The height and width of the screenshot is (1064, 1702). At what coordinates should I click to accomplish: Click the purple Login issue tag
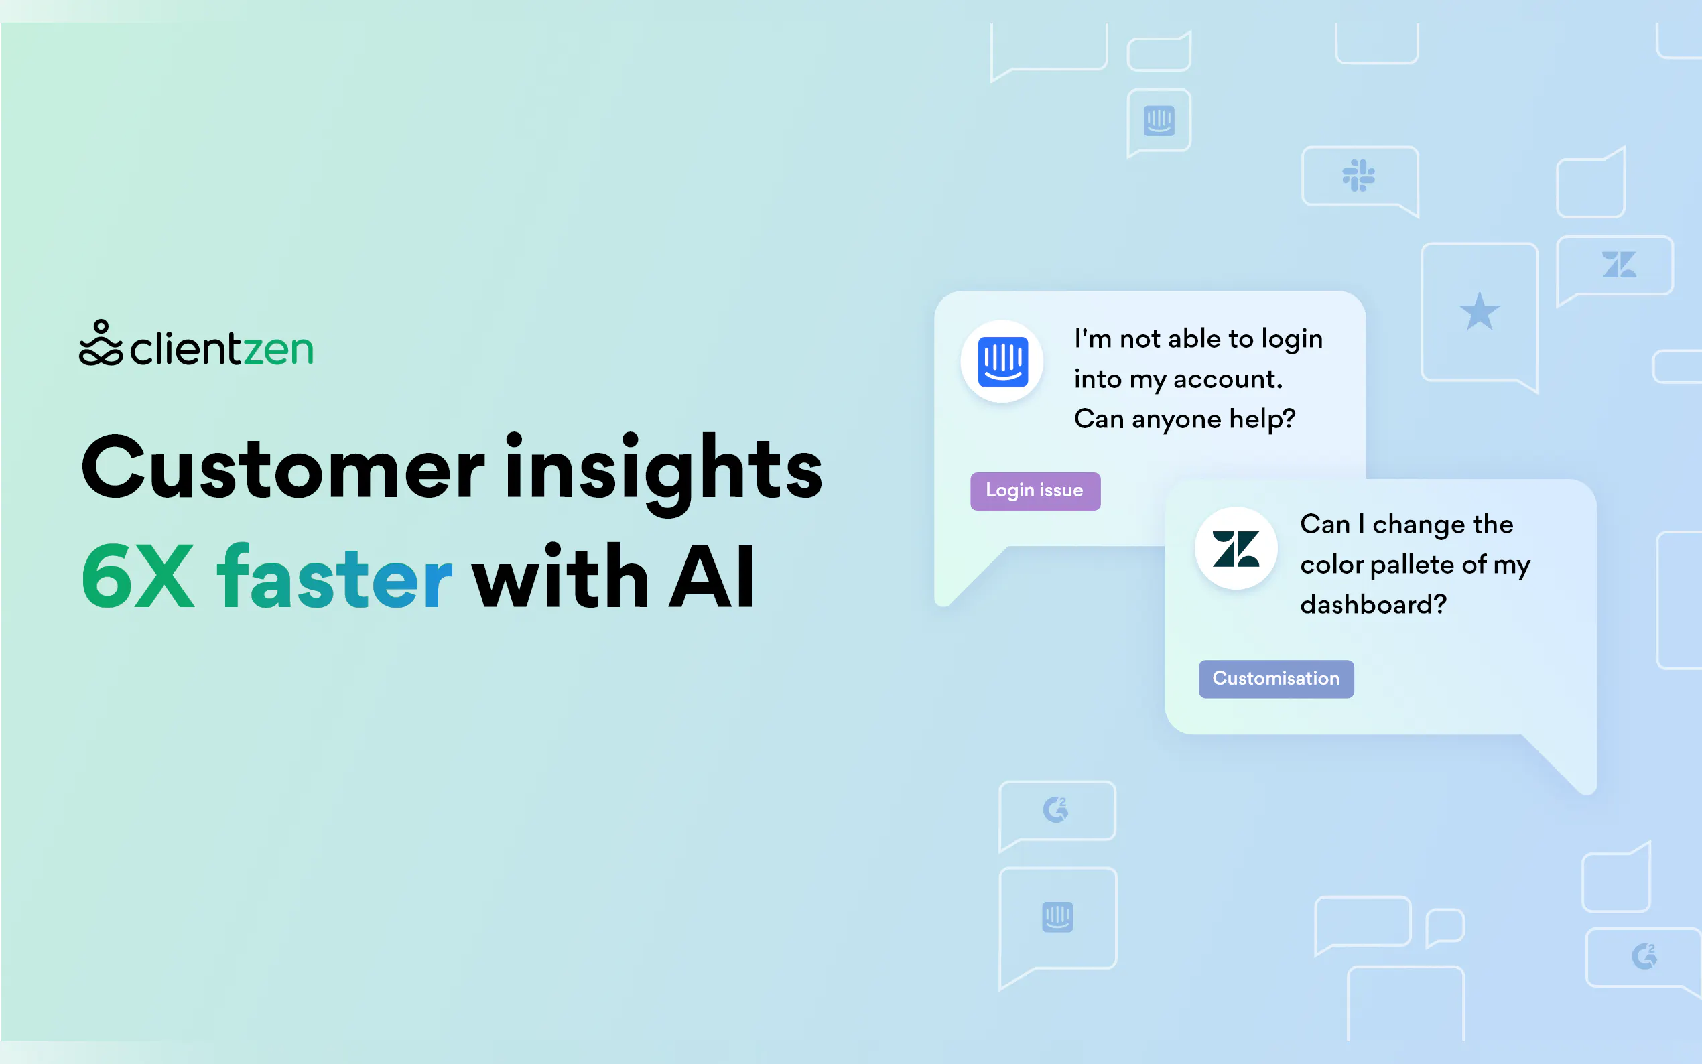(1035, 491)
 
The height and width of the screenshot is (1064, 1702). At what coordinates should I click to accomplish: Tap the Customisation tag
(1276, 679)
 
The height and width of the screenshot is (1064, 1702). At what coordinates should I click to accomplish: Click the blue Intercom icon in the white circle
(1002, 362)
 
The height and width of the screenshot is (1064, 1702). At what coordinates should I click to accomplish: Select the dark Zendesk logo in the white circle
(1236, 549)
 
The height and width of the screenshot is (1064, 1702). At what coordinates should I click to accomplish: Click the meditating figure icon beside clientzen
(101, 344)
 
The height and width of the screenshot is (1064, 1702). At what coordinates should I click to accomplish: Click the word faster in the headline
(334, 575)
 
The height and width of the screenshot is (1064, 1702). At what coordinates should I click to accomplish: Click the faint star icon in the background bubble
(1479, 311)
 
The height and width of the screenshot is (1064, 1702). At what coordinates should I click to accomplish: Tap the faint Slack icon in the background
(1358, 176)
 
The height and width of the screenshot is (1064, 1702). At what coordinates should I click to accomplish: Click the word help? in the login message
(1262, 419)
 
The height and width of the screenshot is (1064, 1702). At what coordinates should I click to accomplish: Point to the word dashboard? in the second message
(1373, 604)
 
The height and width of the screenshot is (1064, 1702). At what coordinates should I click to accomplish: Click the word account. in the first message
(1228, 380)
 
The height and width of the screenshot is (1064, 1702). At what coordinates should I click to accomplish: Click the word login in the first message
(1292, 340)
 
